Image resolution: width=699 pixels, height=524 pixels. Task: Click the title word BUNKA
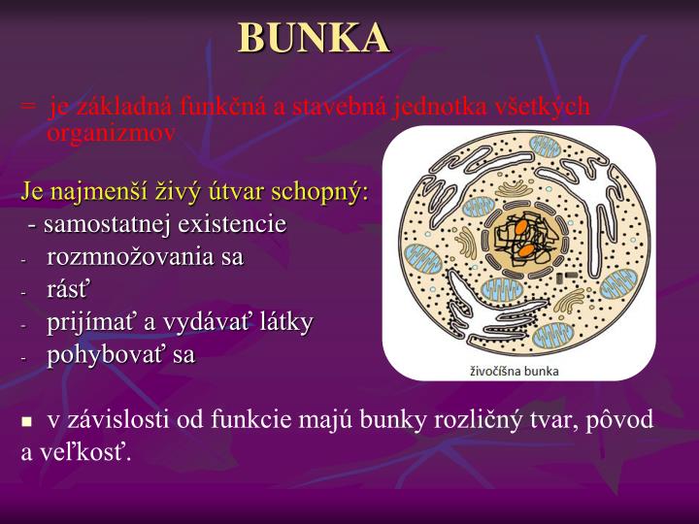coord(314,39)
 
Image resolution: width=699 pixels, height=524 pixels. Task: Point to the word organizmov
coord(112,133)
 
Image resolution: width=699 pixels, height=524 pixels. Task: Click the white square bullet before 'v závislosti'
coord(27,422)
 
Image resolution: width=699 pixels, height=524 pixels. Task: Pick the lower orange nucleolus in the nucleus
coord(524,250)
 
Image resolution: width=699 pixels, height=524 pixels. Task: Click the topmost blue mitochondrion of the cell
coord(544,147)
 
